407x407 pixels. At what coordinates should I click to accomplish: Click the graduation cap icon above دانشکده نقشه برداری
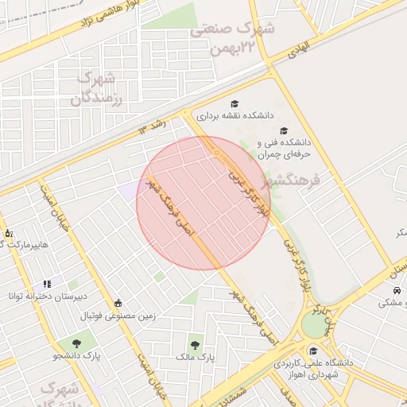[234, 103]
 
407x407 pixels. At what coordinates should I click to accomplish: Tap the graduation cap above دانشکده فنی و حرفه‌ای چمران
[285, 131]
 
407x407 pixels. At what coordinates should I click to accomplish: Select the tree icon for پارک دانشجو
[77, 343]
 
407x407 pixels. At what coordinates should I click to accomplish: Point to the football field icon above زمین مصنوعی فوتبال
[118, 303]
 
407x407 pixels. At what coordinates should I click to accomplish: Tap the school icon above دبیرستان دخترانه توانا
[47, 283]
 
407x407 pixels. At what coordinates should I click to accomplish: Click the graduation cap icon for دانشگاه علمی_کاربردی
[313, 351]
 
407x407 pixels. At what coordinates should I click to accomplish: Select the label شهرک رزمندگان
[92, 89]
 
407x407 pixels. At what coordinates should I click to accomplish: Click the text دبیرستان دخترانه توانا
[47, 297]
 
